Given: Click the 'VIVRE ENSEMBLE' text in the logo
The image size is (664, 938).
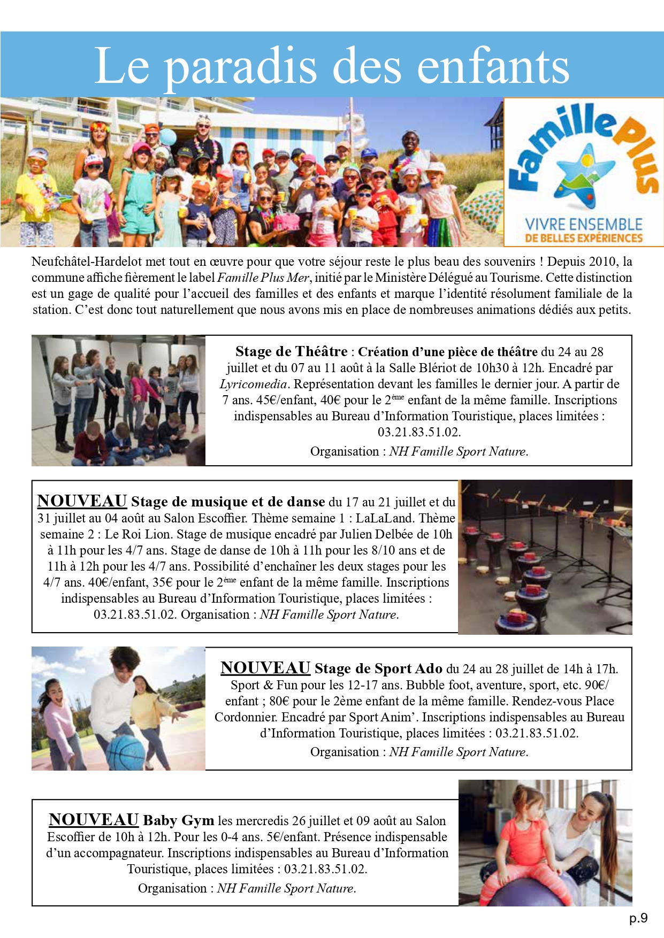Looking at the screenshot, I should pos(584,224).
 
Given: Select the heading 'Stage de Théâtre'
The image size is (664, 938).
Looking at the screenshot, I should pos(291,351).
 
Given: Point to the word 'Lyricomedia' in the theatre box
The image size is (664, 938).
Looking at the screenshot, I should pos(254,384).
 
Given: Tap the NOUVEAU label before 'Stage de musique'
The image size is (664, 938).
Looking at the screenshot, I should pos(82,501).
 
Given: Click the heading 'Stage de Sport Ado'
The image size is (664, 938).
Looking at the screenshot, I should pos(378,668).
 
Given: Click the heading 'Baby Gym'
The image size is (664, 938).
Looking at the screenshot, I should pos(178,820).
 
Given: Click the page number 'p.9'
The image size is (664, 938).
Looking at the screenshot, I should pos(638,918).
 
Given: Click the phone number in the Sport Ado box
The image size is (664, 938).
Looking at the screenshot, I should pos(536,733).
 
